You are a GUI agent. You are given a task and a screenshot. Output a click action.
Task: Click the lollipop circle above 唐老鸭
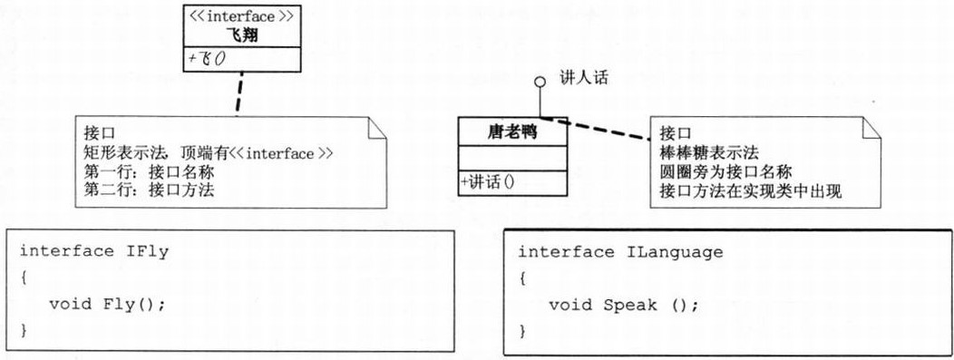[x=540, y=83]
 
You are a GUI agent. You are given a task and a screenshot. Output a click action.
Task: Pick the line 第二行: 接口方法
[x=150, y=190]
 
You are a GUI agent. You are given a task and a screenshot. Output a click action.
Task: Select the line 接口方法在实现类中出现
[x=753, y=190]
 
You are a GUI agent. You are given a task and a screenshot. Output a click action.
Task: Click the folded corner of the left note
[x=376, y=127]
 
